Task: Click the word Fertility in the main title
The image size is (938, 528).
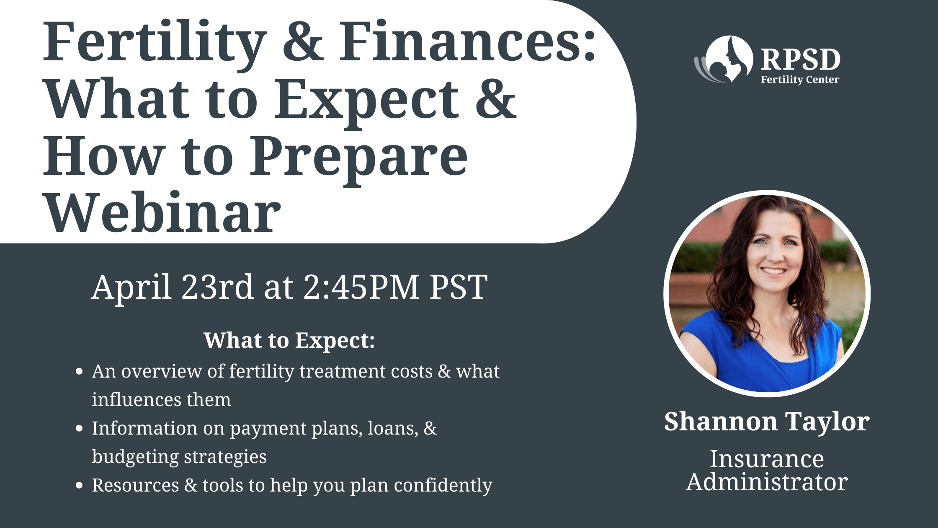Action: (x=155, y=44)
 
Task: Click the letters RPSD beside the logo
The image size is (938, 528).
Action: (x=800, y=60)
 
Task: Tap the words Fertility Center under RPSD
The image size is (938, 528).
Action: (x=800, y=80)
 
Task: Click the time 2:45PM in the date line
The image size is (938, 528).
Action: (x=361, y=287)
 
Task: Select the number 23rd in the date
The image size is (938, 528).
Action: (x=217, y=287)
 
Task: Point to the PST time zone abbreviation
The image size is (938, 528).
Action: (x=459, y=287)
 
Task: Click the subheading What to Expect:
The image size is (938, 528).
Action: (x=289, y=340)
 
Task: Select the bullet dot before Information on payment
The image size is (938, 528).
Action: (x=79, y=428)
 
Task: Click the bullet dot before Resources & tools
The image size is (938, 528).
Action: (x=79, y=485)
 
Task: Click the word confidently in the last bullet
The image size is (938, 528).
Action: (x=443, y=485)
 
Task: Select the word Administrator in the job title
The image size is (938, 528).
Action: (x=767, y=482)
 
